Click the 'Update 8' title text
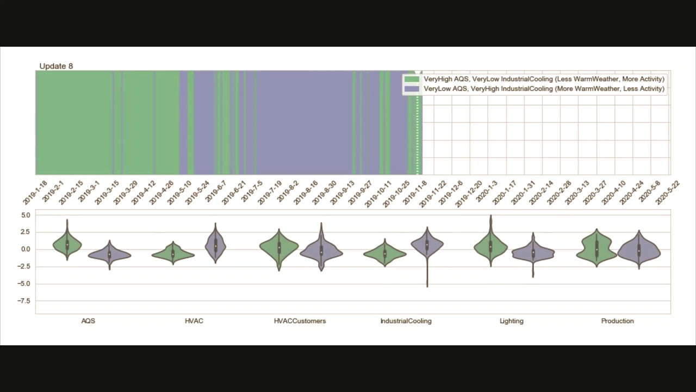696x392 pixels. pos(56,66)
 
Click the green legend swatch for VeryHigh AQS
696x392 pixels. pos(412,79)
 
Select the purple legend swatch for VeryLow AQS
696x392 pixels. pos(412,89)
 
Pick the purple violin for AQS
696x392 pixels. pos(109,254)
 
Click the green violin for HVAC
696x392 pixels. pos(173,253)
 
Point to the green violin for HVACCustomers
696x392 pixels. pos(279,247)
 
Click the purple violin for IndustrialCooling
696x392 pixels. pos(427,245)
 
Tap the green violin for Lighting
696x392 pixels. pos(490,247)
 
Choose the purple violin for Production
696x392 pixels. pos(639,250)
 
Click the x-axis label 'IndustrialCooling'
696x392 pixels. pos(406,321)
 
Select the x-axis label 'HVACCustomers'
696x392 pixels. pos(300,321)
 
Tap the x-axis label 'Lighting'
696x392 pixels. pos(512,321)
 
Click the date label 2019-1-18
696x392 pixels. pos(35,193)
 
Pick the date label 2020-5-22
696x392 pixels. pos(668,193)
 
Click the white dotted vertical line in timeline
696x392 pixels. pos(418,131)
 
